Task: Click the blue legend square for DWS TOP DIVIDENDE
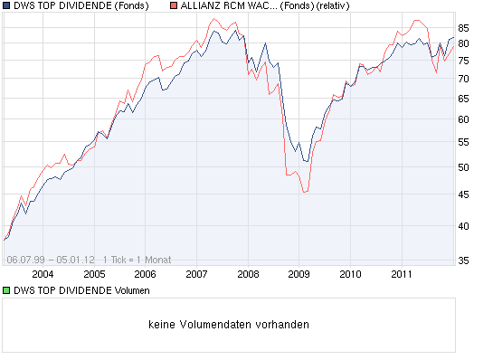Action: click(7, 6)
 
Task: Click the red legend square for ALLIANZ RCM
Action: click(175, 6)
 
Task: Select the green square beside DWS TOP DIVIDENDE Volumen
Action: click(7, 290)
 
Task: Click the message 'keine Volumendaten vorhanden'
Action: click(228, 325)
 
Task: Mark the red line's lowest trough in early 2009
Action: click(305, 193)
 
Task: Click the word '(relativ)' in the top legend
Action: click(329, 6)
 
